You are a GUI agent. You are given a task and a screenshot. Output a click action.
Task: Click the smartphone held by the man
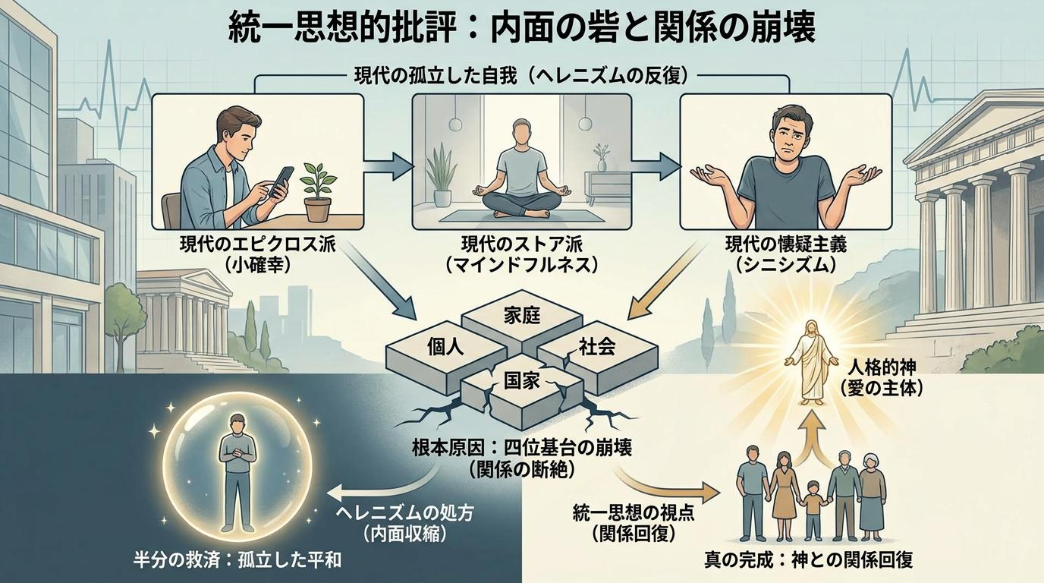click(281, 182)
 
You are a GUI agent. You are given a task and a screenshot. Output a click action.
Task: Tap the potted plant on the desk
click(318, 192)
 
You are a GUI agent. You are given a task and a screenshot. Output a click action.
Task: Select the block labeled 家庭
click(522, 321)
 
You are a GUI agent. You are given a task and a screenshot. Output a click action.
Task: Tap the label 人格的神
click(882, 368)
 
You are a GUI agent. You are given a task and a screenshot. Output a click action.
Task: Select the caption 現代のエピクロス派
click(257, 244)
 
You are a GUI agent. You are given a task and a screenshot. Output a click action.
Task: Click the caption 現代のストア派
click(522, 244)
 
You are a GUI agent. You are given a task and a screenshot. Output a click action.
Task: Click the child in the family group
click(813, 511)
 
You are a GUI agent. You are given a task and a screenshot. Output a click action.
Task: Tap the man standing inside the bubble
click(237, 472)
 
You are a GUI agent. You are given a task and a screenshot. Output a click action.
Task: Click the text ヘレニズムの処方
click(404, 513)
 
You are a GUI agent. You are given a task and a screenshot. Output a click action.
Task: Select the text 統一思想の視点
click(634, 513)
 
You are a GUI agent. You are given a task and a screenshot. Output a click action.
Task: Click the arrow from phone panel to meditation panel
click(388, 166)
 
